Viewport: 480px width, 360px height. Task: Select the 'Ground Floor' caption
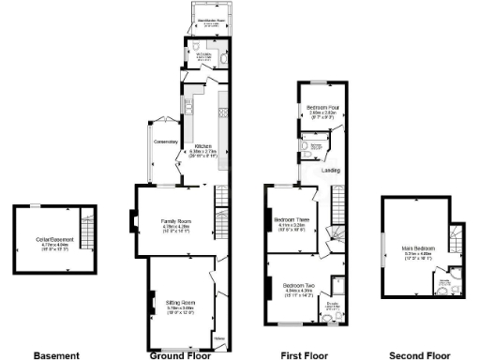(178, 355)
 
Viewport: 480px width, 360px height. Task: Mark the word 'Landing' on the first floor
(331, 171)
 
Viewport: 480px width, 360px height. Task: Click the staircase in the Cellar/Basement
(87, 231)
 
